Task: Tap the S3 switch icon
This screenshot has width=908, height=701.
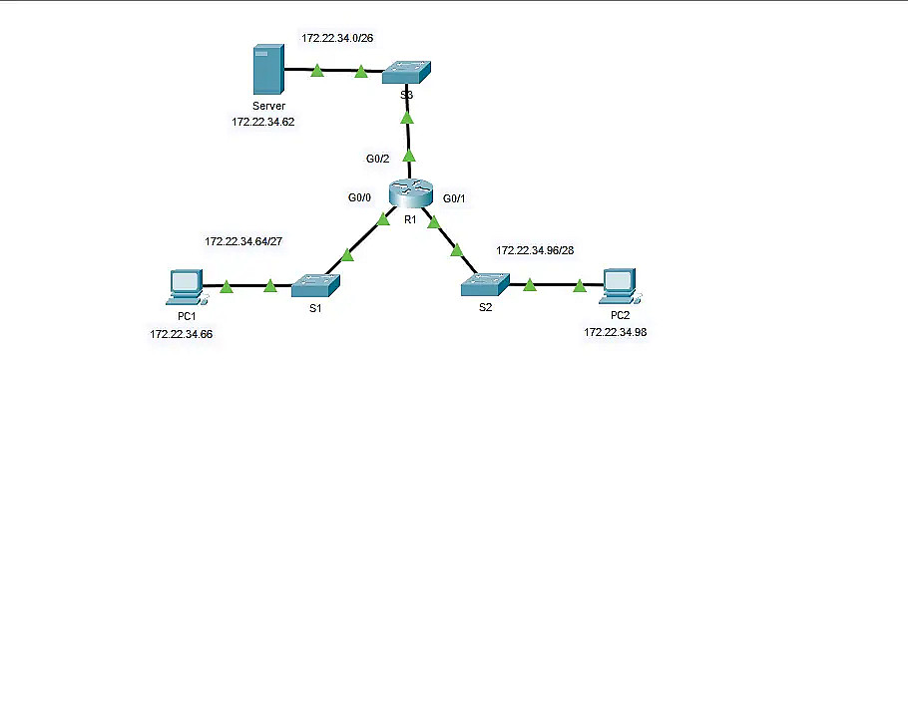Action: [406, 73]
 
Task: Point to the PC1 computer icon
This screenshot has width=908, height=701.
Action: [186, 286]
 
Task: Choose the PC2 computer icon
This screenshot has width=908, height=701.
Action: [621, 285]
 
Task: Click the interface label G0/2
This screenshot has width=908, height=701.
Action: [378, 159]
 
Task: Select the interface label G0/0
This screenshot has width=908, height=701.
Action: [360, 197]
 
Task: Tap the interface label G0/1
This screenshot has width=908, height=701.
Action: [455, 198]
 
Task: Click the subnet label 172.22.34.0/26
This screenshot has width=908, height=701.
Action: [337, 38]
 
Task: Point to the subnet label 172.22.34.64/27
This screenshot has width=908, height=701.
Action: [241, 241]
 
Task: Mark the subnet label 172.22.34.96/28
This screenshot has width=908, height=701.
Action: [535, 249]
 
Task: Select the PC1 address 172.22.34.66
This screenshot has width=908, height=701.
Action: [181, 334]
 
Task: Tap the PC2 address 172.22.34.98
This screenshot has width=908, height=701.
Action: [615, 331]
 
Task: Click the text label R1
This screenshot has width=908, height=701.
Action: [410, 218]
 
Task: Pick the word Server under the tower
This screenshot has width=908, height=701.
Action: [268, 106]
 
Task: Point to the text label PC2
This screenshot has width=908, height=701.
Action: [621, 315]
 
